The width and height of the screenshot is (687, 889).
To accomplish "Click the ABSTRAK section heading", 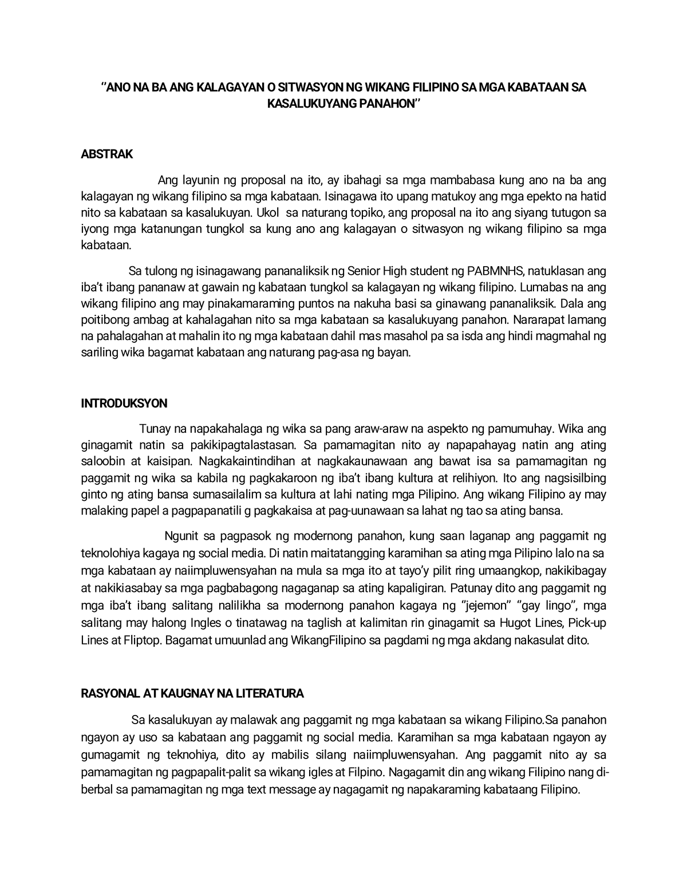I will point(106,154).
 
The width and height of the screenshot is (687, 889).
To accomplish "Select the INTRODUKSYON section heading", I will point(124,403).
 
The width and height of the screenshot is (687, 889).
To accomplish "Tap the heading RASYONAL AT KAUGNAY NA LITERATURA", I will point(192,693).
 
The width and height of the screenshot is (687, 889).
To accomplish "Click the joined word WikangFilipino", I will point(317,639).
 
